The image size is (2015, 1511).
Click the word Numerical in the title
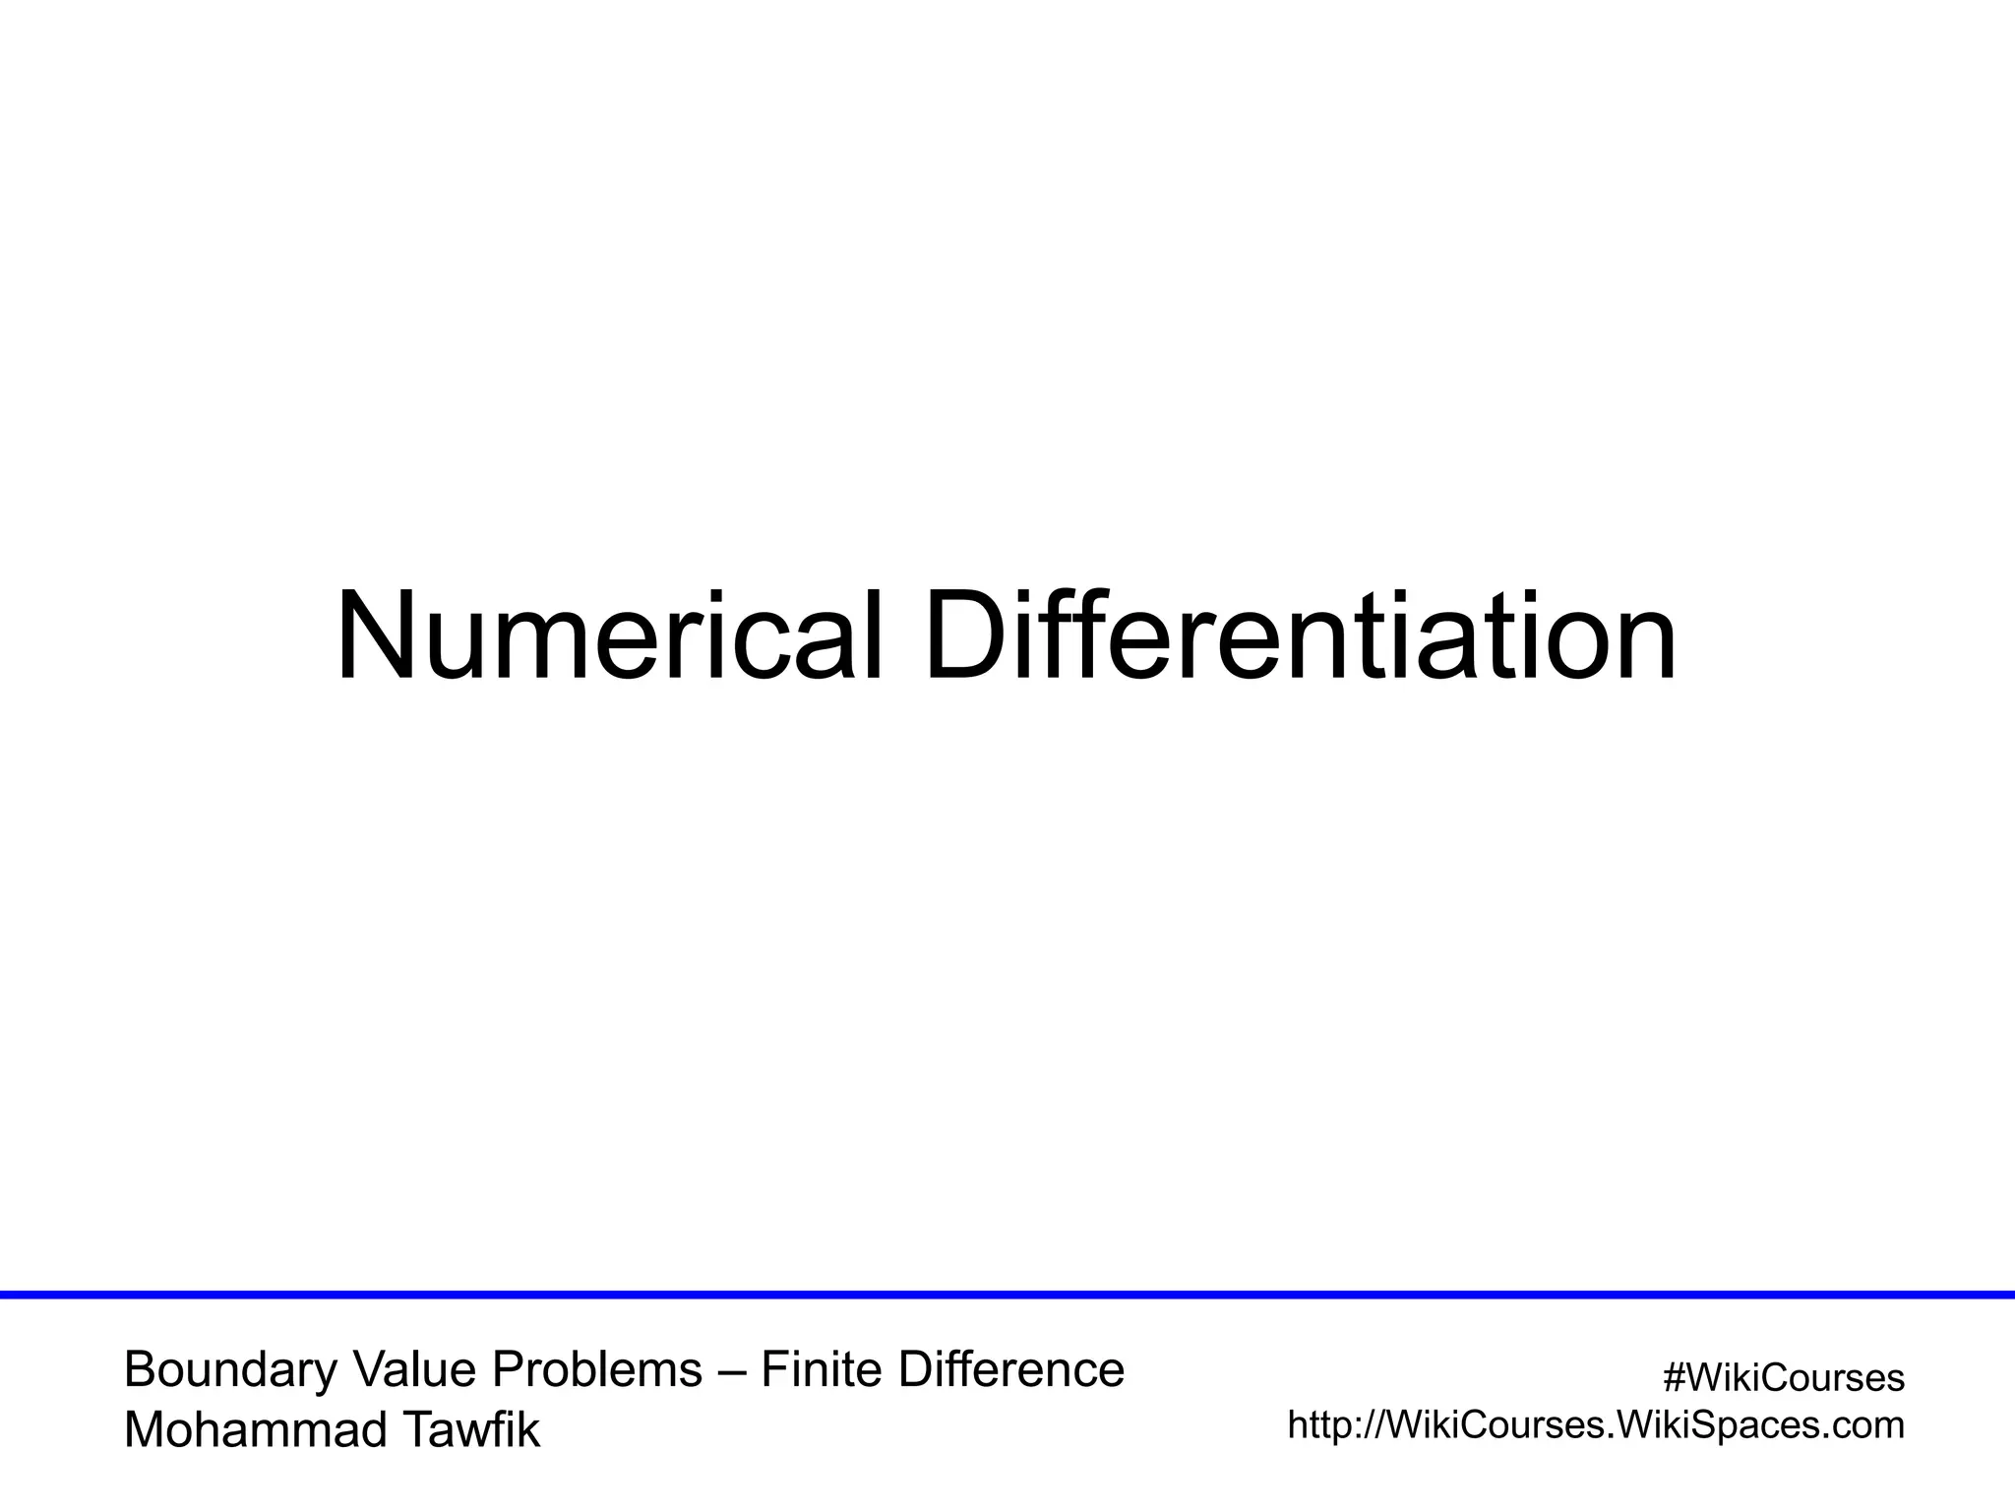[609, 636]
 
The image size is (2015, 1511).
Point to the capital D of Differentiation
[967, 636]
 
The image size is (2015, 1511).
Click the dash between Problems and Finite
[732, 1371]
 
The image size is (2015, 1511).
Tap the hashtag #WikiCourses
[1783, 1378]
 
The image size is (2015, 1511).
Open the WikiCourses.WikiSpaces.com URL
[1596, 1425]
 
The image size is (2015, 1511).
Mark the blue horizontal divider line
[1007, 1295]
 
